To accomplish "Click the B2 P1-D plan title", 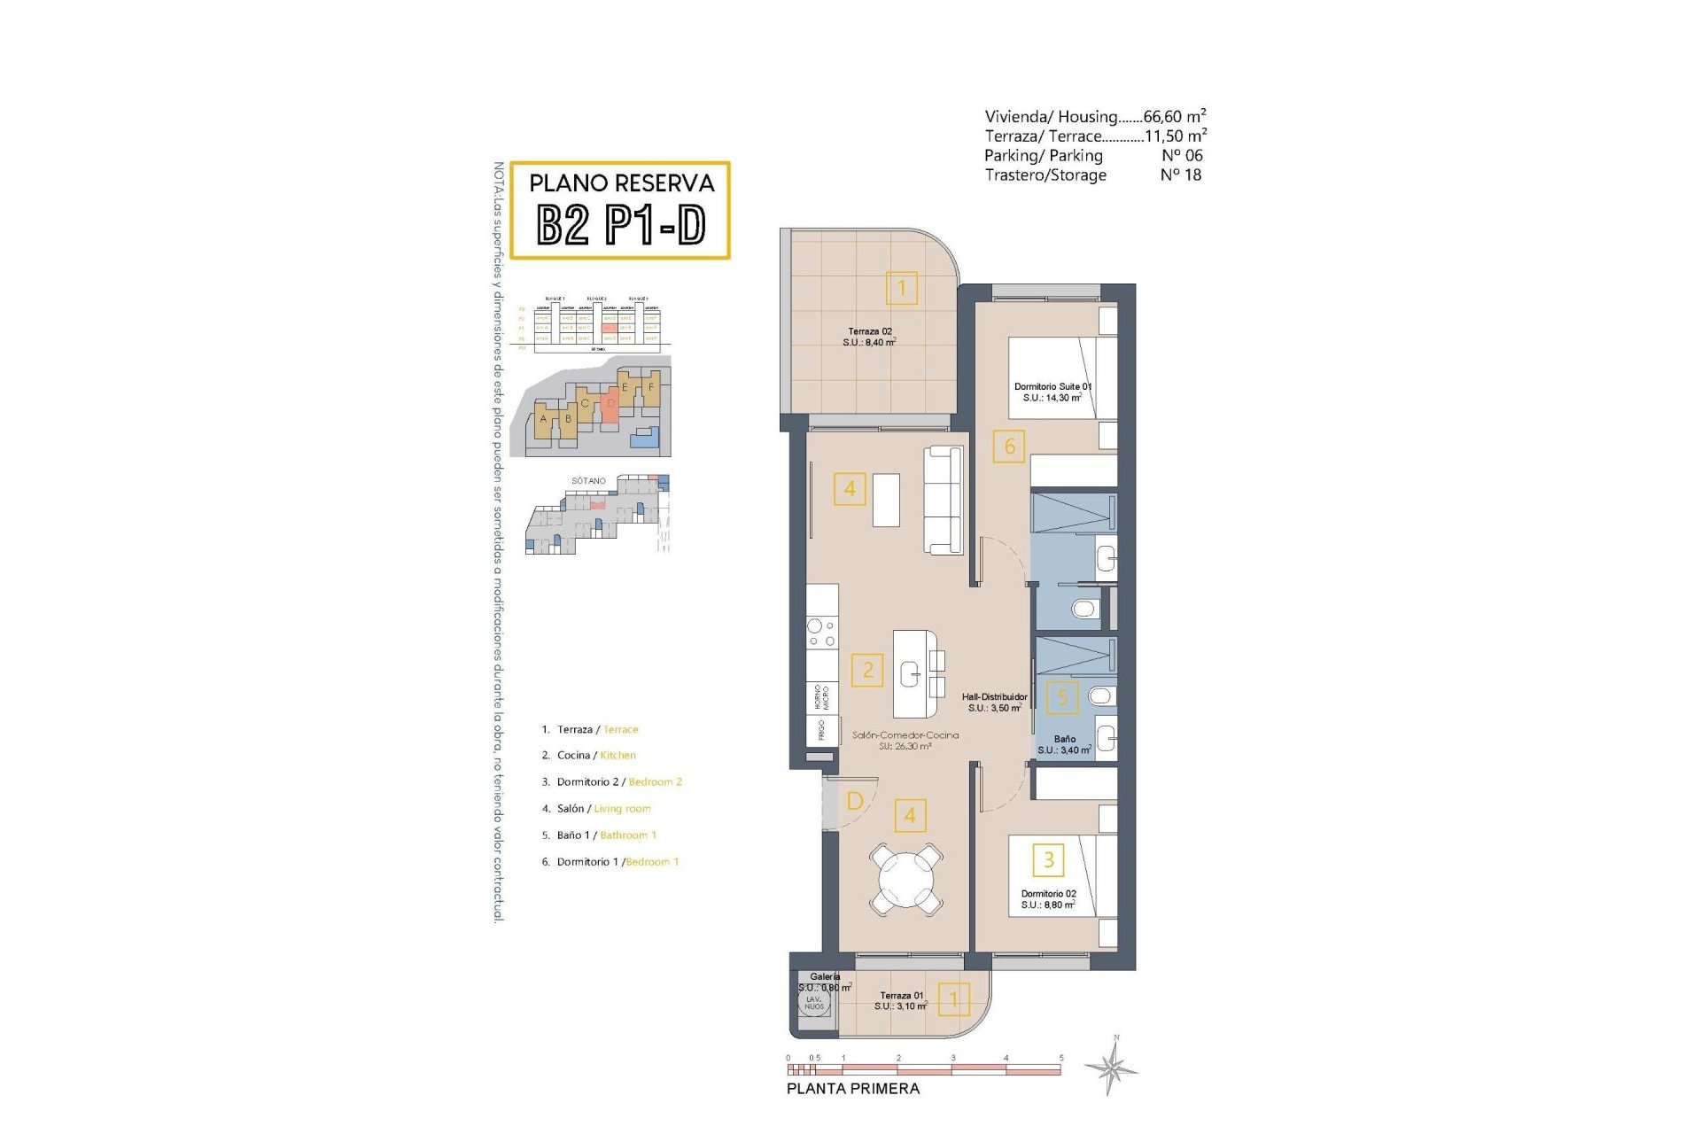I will (x=620, y=225).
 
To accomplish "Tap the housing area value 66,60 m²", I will (x=1174, y=116).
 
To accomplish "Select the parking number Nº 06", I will (x=1182, y=155).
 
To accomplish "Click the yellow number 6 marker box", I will (x=1009, y=447).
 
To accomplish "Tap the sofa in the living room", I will (x=943, y=501).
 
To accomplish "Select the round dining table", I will (x=905, y=879).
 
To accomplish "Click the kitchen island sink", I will (x=911, y=675).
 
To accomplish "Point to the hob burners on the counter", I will (x=821, y=633).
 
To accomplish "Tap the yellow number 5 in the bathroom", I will (x=1062, y=697).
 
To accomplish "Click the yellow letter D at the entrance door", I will (x=855, y=801).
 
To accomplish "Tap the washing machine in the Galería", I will (x=813, y=1003).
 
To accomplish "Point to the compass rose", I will (x=1113, y=1067).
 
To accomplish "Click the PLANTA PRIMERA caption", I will (x=853, y=1088).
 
